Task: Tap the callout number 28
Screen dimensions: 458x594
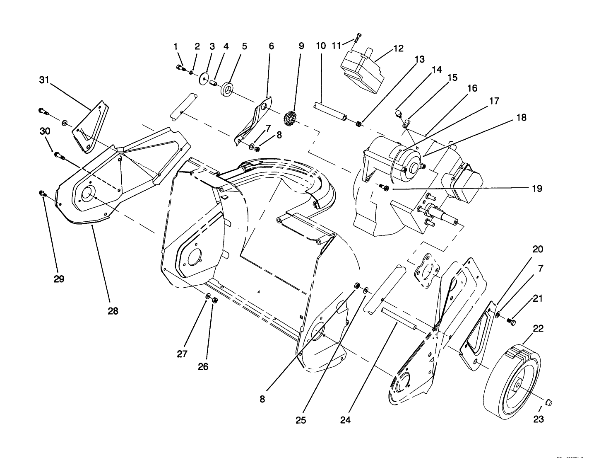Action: pyautogui.click(x=113, y=311)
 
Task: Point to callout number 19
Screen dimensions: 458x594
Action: pyautogui.click(x=537, y=189)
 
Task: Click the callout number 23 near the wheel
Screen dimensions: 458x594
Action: pyautogui.click(x=538, y=419)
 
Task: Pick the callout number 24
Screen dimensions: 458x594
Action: pyautogui.click(x=345, y=420)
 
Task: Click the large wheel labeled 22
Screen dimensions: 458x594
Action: pyautogui.click(x=512, y=379)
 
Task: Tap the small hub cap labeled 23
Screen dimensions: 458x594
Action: pyautogui.click(x=549, y=401)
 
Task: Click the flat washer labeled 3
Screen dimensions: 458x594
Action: pyautogui.click(x=204, y=79)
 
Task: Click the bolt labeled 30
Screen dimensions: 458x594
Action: pyautogui.click(x=60, y=157)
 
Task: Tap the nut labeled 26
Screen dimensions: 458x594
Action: pyautogui.click(x=214, y=300)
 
